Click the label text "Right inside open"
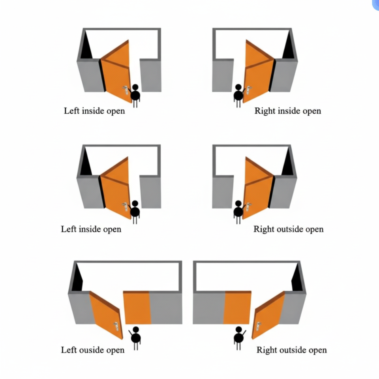287,111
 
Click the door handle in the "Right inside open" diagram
249,90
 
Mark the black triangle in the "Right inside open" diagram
289,48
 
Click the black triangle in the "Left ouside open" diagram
77,279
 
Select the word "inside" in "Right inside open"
289,111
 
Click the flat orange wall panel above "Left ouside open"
137,307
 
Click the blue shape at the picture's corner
375,4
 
